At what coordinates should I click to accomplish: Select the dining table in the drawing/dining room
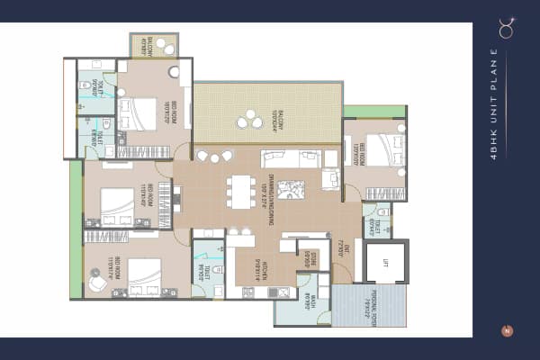click(240, 191)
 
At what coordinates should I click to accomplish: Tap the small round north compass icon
click(507, 331)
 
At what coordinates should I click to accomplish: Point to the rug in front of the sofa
click(291, 190)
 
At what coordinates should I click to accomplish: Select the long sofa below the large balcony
click(290, 159)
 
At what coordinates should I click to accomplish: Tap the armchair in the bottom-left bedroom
click(95, 282)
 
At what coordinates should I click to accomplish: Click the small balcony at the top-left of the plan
click(155, 45)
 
